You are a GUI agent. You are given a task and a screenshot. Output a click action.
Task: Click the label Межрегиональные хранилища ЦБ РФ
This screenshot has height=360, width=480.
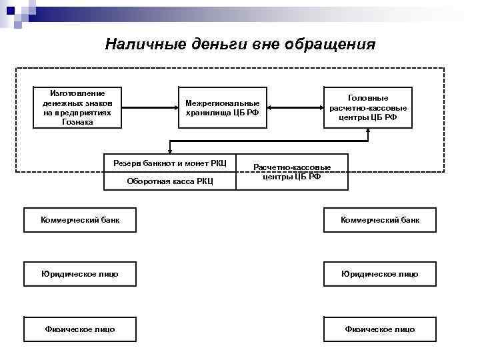222,107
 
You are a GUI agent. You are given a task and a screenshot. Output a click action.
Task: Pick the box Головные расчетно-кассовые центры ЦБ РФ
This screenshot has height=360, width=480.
368,107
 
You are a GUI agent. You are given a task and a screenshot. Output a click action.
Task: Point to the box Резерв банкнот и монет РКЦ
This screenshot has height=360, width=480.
170,163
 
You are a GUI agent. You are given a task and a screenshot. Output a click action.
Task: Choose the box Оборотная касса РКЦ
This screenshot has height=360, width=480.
170,181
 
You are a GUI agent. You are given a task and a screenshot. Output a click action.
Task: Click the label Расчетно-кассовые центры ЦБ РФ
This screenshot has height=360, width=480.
292,172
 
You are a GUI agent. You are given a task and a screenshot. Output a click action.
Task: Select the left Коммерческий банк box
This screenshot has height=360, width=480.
80,220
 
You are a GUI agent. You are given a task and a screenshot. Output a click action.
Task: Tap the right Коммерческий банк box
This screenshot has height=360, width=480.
380,220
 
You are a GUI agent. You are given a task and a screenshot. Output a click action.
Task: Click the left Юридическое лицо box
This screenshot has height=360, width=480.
80,274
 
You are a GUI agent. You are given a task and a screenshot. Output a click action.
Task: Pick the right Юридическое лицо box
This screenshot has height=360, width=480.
380,274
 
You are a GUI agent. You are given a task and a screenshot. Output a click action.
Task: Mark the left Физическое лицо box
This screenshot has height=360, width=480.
80,329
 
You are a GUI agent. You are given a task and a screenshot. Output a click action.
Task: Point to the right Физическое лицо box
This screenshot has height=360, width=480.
380,329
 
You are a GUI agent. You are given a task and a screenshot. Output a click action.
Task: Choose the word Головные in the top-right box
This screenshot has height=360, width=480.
368,97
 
